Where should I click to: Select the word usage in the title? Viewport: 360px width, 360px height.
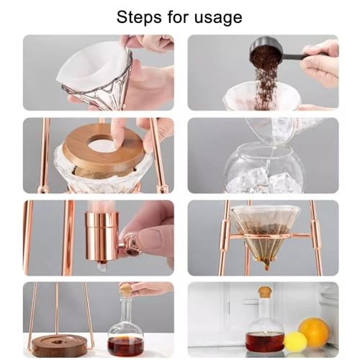(x=217, y=17)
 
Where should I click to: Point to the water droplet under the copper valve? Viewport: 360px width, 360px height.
(x=103, y=266)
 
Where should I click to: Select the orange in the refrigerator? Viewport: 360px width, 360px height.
(x=314, y=333)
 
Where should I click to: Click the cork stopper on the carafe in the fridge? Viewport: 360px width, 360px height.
(x=264, y=292)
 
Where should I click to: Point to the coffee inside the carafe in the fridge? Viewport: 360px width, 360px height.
(x=264, y=341)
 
